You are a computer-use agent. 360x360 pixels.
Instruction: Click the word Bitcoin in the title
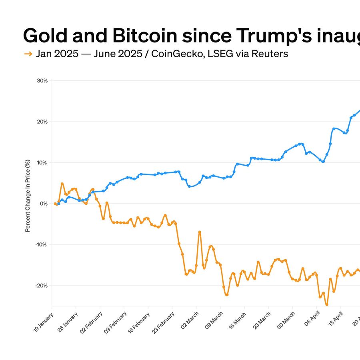coord(144,36)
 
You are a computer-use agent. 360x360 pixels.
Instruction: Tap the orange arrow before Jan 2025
coord(28,54)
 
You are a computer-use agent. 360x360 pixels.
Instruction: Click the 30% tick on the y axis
coord(42,81)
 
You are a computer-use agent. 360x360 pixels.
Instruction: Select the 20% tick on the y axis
coord(42,122)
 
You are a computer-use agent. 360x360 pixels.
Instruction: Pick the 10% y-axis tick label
coord(42,163)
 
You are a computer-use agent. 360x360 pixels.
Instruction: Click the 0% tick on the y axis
coord(44,204)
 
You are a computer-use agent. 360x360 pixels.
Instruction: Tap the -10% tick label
coord(42,245)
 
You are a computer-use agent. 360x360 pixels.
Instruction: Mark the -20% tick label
coord(42,286)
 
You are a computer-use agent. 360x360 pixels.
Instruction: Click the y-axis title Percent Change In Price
coord(28,196)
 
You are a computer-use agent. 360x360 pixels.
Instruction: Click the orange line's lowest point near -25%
coord(326,304)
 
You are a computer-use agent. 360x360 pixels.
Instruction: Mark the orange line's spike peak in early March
coord(200,232)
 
